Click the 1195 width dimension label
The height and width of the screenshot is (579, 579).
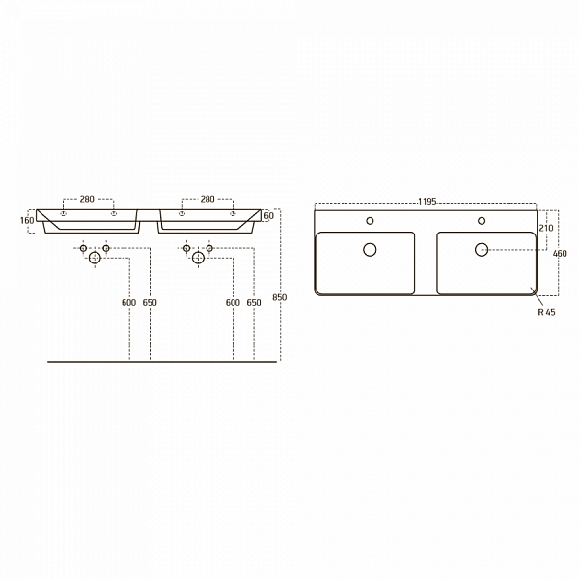427,202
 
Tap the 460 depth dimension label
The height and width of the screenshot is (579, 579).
560,254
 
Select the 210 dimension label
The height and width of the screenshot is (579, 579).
546,228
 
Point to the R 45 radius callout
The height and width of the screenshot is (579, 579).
546,312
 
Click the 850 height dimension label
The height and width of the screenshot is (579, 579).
280,297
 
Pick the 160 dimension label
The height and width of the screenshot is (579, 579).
27,220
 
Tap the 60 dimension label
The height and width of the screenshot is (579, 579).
269,215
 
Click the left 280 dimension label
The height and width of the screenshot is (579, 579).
87,199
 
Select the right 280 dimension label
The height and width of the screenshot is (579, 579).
207,199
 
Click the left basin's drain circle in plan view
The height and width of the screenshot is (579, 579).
370,250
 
